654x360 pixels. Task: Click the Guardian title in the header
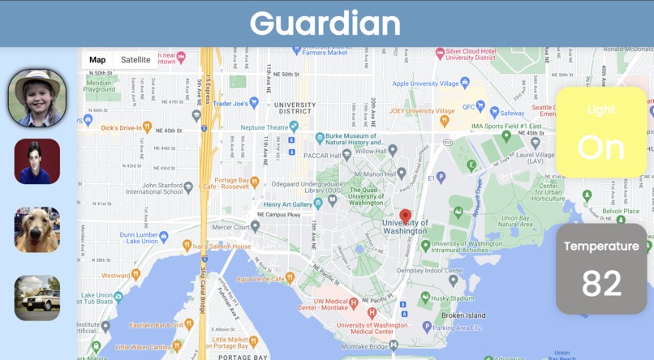[325, 23]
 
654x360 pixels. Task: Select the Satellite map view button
[136, 60]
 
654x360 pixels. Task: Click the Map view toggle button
[97, 60]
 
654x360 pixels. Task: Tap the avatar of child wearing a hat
[37, 98]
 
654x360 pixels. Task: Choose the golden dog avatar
[37, 229]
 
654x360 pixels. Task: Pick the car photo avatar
[37, 298]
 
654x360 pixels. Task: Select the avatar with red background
[37, 161]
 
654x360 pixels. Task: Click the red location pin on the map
[405, 216]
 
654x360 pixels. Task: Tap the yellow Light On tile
[601, 133]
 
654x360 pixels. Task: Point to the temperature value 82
[601, 283]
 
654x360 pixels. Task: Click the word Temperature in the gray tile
[601, 246]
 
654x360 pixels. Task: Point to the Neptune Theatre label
[264, 127]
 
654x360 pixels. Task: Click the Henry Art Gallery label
[288, 204]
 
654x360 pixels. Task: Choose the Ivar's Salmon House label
[222, 246]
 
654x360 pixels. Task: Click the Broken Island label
[463, 315]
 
